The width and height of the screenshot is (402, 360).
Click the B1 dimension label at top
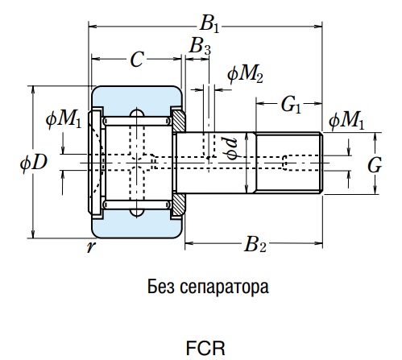[209, 25]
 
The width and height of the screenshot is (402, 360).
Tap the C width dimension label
[137, 60]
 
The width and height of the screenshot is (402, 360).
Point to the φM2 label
[245, 74]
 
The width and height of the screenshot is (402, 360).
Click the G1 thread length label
[291, 105]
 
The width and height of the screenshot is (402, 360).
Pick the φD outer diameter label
[34, 162]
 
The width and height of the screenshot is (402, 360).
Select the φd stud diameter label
[231, 148]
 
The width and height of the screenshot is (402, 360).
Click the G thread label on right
[375, 165]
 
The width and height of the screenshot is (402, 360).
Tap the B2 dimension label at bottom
[255, 245]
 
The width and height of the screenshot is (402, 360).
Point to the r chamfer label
[91, 246]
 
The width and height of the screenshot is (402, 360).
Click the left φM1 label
[64, 119]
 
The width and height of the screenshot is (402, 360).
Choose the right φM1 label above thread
[346, 121]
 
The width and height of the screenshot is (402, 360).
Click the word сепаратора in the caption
[224, 288]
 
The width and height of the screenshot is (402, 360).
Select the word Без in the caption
[160, 287]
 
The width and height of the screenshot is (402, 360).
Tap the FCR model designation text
[205, 348]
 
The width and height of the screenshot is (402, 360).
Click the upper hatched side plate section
[178, 121]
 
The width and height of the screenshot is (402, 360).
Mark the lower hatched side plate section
[178, 204]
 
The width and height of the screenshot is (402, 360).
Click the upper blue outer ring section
[137, 97]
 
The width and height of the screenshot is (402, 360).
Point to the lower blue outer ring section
[137, 226]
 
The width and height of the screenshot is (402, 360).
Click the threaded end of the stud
[289, 163]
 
